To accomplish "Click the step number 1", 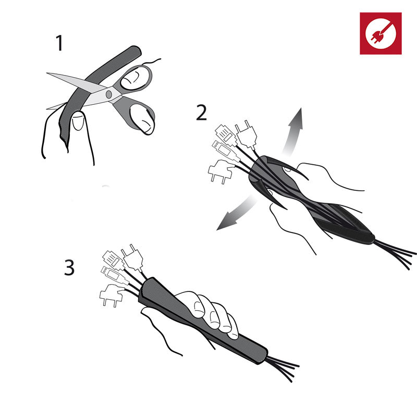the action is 59,43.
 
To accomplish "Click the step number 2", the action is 201,113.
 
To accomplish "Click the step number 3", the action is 69,267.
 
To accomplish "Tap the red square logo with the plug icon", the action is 381,33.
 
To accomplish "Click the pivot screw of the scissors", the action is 109,94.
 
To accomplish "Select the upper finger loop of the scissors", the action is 136,77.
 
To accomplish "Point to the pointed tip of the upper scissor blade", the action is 47,73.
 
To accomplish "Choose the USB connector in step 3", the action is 112,275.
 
